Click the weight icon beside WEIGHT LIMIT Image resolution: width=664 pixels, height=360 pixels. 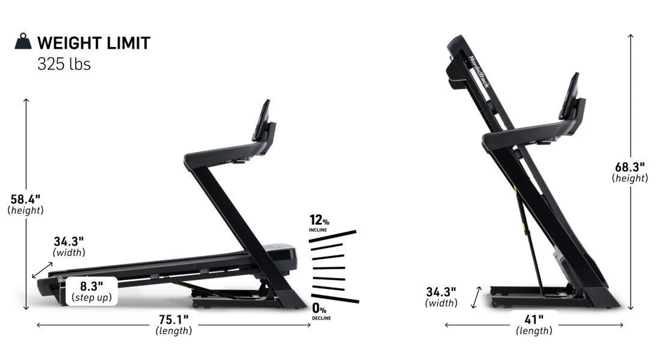(x=23, y=42)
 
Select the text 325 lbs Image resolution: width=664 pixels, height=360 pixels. (x=64, y=64)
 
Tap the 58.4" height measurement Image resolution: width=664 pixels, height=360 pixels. (x=26, y=204)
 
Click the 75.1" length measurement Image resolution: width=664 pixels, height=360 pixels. (x=174, y=325)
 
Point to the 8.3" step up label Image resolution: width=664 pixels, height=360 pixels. (x=92, y=291)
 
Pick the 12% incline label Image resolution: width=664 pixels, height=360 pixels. (x=319, y=223)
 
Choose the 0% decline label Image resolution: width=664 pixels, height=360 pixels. (x=320, y=312)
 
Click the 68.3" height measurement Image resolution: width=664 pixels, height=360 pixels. (x=630, y=172)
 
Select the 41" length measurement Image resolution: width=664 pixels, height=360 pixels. (x=534, y=325)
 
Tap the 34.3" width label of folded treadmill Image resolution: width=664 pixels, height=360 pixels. (x=441, y=297)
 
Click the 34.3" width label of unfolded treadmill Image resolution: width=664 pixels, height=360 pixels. (x=69, y=246)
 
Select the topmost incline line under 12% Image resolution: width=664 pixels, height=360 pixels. (x=332, y=236)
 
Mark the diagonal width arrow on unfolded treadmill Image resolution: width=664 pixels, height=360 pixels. (x=42, y=270)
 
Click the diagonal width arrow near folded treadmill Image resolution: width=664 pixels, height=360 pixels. (x=476, y=297)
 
